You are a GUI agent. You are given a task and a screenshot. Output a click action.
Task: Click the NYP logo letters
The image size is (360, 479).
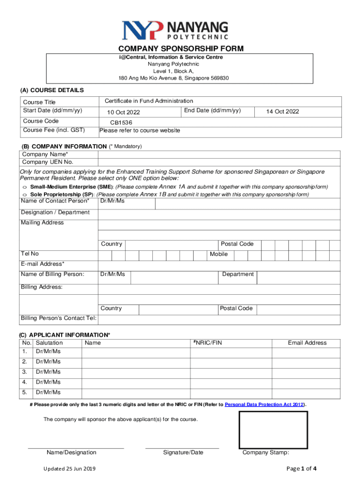[x=143, y=30]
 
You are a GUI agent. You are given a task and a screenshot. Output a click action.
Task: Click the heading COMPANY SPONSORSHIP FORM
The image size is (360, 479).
[x=180, y=49]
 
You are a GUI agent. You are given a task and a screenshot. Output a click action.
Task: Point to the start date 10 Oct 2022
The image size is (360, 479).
[x=123, y=112]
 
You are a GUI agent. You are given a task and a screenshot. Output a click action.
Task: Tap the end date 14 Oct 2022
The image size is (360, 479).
[x=282, y=112]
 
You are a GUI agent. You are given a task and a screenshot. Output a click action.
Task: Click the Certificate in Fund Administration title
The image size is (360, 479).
[x=149, y=101]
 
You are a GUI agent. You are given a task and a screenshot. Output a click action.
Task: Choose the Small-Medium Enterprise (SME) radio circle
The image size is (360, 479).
[x=24, y=187]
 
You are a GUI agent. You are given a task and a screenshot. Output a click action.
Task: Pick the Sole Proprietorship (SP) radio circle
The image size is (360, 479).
[x=24, y=194]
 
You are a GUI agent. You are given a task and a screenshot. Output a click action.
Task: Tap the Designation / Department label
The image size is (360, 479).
[x=55, y=212]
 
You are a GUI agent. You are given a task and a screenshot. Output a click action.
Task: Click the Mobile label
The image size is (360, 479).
[x=219, y=254]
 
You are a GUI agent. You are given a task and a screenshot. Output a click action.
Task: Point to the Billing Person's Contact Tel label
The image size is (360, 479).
[x=59, y=319]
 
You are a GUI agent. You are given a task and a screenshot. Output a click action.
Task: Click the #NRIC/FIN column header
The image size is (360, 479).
[x=208, y=343]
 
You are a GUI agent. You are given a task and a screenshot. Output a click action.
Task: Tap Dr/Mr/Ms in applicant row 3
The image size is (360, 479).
[x=48, y=372]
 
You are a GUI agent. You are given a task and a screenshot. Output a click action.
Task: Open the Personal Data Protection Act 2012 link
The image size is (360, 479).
[x=265, y=404]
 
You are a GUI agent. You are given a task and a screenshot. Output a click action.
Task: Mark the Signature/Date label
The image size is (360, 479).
[x=183, y=452]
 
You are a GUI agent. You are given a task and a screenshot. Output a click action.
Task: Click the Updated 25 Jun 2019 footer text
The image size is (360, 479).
[x=70, y=469]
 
